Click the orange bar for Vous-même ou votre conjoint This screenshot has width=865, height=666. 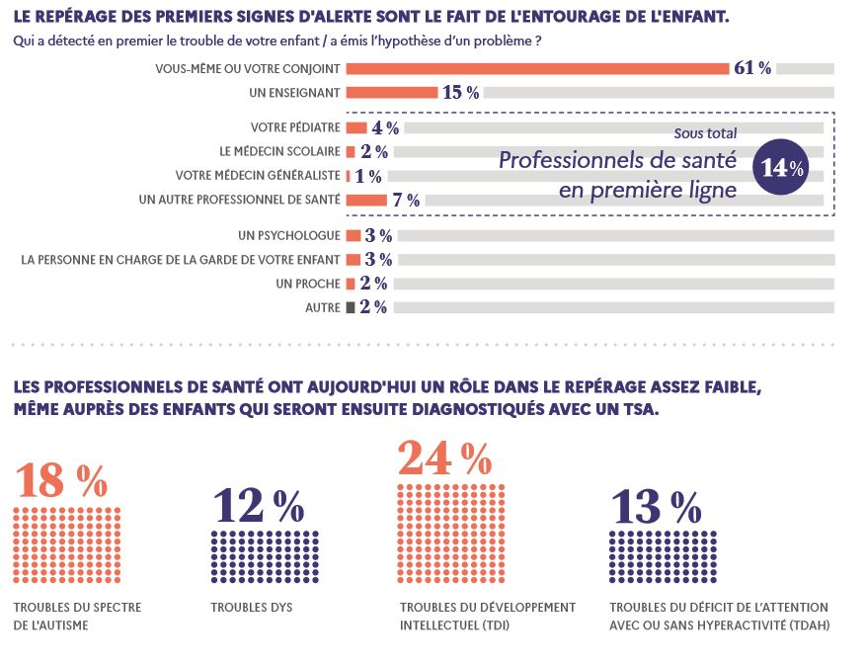537,68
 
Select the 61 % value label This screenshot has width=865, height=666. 752,68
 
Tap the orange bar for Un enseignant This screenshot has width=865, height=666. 392,93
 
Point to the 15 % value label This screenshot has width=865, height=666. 461,93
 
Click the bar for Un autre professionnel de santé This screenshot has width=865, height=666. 366,200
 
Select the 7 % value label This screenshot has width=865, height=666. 406,200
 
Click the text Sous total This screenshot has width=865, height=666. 705,133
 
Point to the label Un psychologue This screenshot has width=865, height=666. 289,236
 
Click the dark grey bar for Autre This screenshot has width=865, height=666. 350,307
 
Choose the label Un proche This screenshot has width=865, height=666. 309,284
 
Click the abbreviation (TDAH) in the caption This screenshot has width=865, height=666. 804,624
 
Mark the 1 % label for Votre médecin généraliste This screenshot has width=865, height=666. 368,176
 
